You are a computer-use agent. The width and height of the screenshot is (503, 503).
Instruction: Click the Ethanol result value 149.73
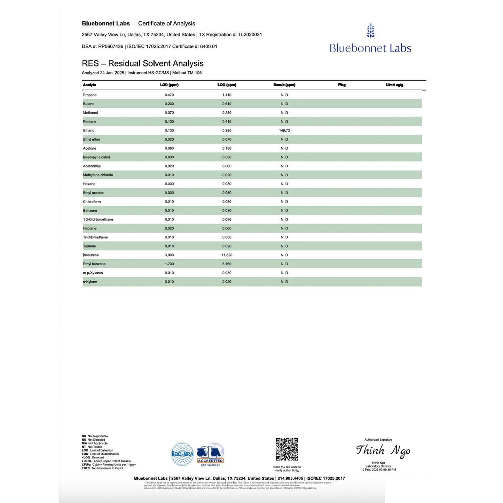284,131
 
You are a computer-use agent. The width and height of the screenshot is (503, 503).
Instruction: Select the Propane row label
90,95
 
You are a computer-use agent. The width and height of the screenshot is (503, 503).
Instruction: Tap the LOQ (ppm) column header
227,85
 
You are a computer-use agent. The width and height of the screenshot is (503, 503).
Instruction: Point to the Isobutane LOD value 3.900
169,255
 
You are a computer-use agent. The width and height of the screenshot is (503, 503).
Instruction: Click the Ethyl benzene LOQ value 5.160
227,264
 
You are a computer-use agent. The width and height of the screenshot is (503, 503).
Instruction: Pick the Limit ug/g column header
394,85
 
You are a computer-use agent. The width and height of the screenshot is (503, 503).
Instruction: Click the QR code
287,449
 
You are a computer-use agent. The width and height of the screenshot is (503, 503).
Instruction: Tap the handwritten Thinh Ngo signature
383,451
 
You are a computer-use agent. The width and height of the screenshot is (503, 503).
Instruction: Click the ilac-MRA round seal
182,454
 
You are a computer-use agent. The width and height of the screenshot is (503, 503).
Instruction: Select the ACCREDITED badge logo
210,454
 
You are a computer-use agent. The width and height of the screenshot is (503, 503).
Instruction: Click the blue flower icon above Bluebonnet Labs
371,31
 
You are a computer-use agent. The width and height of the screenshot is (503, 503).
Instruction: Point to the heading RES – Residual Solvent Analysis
143,63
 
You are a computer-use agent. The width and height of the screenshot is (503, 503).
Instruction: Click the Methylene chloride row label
98,175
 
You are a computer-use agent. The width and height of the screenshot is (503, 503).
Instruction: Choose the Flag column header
342,85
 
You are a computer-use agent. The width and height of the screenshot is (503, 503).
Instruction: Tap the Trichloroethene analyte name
95,237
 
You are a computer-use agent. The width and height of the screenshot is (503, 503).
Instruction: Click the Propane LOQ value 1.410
227,95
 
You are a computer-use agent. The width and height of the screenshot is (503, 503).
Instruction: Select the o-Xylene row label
90,282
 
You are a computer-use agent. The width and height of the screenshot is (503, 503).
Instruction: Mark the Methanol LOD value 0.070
169,113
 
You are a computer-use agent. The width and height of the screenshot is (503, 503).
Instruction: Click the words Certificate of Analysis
166,23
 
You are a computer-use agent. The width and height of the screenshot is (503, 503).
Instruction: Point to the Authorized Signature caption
378,440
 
